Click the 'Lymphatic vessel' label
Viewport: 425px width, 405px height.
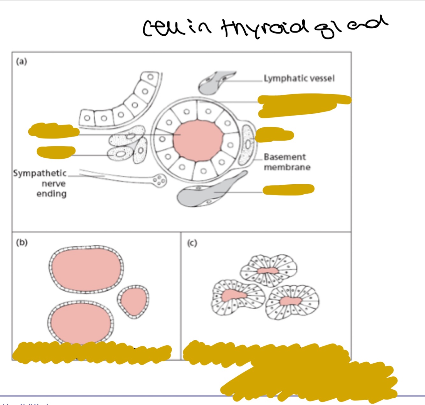pyautogui.click(x=299, y=78)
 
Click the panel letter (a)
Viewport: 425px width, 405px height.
pyautogui.click(x=22, y=61)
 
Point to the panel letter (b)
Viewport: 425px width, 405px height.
pyautogui.click(x=22, y=243)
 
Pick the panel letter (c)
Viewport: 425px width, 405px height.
pyautogui.click(x=192, y=243)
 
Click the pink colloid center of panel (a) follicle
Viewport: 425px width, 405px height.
pyautogui.click(x=198, y=140)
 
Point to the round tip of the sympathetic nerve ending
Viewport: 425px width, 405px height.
pyautogui.click(x=160, y=181)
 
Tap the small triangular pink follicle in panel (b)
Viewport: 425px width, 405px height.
pyautogui.click(x=133, y=301)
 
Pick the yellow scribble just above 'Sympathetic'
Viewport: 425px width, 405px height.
pyautogui.click(x=56, y=152)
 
